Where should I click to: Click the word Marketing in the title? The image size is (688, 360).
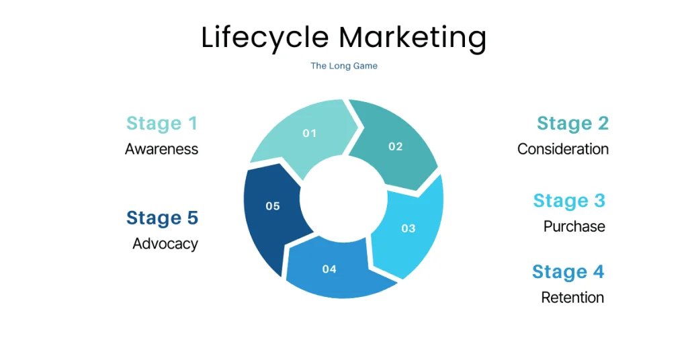(413, 38)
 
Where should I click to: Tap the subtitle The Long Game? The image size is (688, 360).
(343, 66)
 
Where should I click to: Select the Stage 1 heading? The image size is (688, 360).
(162, 124)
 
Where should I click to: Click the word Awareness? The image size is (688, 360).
(162, 149)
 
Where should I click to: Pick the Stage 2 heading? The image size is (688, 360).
(572, 124)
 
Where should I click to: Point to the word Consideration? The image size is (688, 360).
(563, 149)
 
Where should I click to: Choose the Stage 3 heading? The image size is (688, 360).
(569, 201)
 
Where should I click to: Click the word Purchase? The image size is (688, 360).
(574, 226)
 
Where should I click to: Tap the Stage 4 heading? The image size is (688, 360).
(568, 272)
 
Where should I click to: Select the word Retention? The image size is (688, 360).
(572, 298)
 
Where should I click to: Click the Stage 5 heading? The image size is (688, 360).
(162, 218)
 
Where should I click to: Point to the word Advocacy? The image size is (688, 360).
(165, 244)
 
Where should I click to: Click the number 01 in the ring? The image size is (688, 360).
(309, 133)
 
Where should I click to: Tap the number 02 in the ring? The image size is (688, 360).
(395, 146)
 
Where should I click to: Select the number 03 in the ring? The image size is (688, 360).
(408, 228)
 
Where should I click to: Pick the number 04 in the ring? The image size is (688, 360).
(329, 269)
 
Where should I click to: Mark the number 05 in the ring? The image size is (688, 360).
(272, 206)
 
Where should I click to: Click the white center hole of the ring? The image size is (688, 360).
(344, 201)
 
